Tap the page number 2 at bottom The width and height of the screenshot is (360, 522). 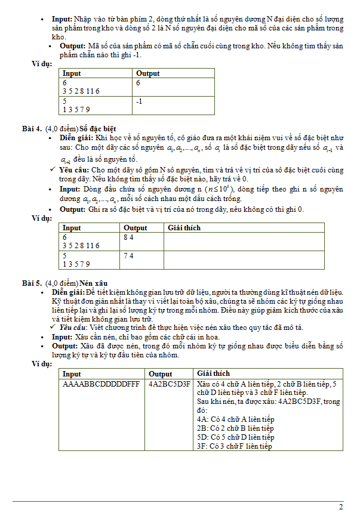pos(341,508)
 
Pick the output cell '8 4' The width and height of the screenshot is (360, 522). pos(128,237)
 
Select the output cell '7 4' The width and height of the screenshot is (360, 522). pos(128,255)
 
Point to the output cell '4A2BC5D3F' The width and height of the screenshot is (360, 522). pos(170,384)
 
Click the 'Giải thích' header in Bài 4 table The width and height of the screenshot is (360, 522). pos(184,228)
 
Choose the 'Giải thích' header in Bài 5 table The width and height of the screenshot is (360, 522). pos(213,373)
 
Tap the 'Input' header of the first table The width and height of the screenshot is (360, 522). pos(72,73)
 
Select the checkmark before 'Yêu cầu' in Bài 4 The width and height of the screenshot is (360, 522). pos(53,170)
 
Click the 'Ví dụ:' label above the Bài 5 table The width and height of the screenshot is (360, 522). pos(42,363)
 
